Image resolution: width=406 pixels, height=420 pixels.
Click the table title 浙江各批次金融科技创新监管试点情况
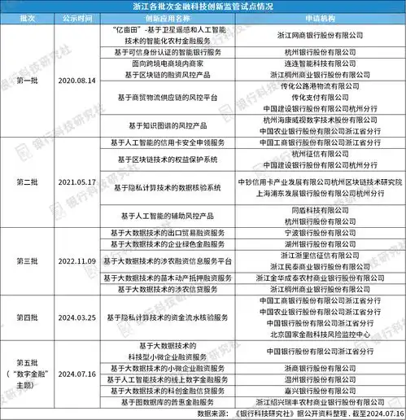pos(202,7)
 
